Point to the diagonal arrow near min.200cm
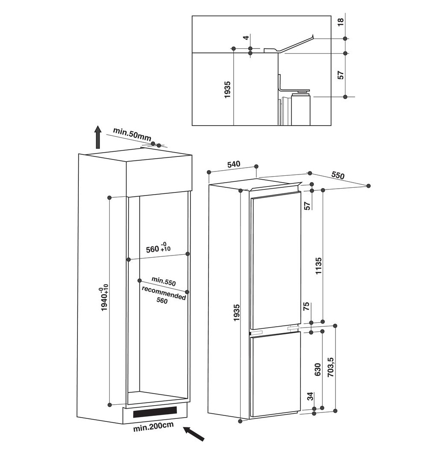[194, 434]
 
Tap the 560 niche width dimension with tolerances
[158, 248]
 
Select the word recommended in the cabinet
[164, 292]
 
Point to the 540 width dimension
[233, 165]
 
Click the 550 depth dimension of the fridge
[338, 175]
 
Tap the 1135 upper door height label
[318, 266]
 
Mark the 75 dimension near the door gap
[306, 306]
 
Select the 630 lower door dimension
[317, 370]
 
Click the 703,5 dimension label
[330, 367]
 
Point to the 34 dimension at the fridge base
[310, 396]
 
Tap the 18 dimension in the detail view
[340, 22]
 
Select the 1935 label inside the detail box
[227, 90]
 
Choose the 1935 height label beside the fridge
[236, 313]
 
